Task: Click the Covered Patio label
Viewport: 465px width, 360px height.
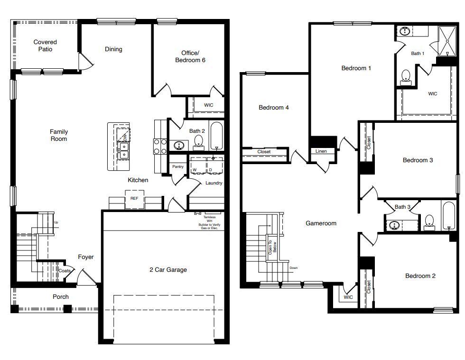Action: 45,46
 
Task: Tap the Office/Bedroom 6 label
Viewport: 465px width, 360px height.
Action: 190,56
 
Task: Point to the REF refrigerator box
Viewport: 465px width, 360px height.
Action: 134,199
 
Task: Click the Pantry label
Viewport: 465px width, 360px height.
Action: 178,166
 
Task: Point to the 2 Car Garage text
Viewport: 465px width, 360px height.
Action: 168,270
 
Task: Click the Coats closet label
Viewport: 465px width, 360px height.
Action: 64,271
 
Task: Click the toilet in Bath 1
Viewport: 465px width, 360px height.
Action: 406,76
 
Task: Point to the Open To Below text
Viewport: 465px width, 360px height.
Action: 270,247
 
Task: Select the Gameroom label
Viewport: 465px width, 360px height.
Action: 321,223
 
